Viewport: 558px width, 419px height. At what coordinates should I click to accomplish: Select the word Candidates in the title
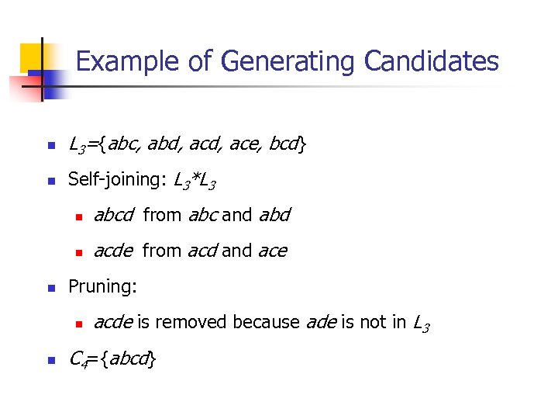click(x=431, y=61)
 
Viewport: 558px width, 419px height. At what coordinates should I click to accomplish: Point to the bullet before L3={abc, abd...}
click(x=50, y=145)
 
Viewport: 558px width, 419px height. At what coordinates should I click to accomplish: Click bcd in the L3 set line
click(x=286, y=144)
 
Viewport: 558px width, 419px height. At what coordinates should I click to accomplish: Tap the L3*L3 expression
click(x=194, y=181)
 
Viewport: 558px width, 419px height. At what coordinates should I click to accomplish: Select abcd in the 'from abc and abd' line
click(x=113, y=215)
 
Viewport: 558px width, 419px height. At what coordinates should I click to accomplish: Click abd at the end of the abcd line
click(x=274, y=215)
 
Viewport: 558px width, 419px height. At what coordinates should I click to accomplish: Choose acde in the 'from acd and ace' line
click(x=113, y=251)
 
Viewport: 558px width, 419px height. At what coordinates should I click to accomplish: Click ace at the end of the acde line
click(x=271, y=251)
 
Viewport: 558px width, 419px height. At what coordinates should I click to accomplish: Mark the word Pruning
click(x=102, y=286)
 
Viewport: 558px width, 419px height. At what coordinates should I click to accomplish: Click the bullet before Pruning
click(x=50, y=288)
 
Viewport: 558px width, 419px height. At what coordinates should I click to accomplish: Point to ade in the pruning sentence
click(x=321, y=322)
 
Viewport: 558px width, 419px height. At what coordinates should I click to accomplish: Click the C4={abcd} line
click(x=113, y=359)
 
